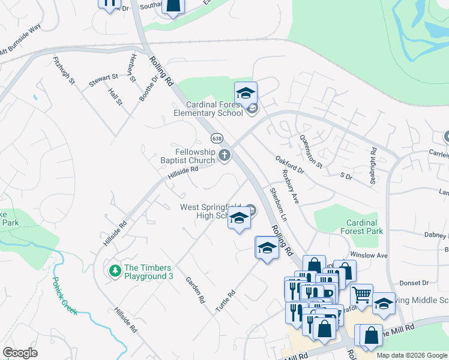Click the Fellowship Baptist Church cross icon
pyautogui.click(x=224, y=156)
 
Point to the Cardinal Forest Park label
pyautogui.click(x=361, y=226)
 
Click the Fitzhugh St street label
pyautogui.click(x=63, y=70)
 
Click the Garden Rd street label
pyautogui.click(x=196, y=290)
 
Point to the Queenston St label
pyautogui.click(x=311, y=150)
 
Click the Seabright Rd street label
pyautogui.click(x=373, y=158)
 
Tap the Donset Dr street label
pyautogui.click(x=414, y=282)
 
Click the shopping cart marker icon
pyautogui.click(x=361, y=295)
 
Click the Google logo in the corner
pyautogui.click(x=20, y=353)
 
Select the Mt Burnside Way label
pyautogui.click(x=20, y=38)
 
